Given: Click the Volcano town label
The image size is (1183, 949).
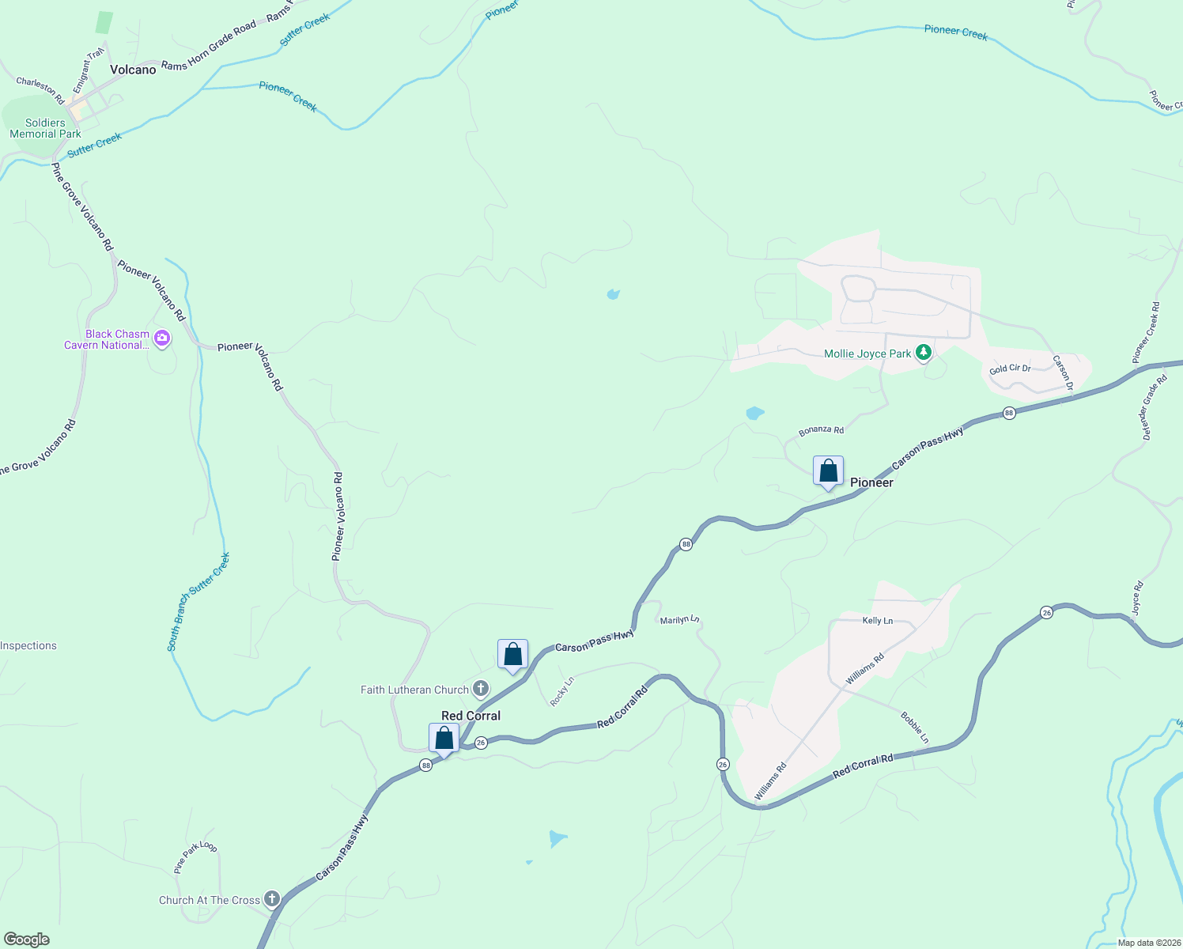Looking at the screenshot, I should click(133, 70).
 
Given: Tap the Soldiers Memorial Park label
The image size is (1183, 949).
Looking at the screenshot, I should click(45, 128).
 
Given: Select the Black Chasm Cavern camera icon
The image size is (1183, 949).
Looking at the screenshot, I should click(162, 338).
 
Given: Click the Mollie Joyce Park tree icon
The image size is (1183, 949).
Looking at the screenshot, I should click(923, 353).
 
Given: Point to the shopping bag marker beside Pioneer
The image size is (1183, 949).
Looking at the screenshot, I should click(828, 471).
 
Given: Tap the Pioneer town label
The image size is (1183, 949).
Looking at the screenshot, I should click(871, 482).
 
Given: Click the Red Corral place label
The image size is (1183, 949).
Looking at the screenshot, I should click(471, 716).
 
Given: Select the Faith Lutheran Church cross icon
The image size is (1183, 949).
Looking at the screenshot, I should click(481, 689).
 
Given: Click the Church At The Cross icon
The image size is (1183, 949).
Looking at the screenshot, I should click(272, 899).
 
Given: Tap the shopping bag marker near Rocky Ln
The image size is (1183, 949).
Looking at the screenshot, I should click(512, 655).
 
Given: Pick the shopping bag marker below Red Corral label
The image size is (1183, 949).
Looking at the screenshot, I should click(444, 739).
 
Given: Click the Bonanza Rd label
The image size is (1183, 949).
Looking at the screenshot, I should click(821, 430).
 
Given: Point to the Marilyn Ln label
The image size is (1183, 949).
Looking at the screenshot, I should click(680, 620).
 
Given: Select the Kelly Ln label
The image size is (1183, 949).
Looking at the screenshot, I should click(877, 621).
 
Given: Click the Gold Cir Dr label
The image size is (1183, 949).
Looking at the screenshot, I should click(1010, 369).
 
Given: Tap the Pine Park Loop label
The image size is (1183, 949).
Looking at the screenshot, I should click(195, 856).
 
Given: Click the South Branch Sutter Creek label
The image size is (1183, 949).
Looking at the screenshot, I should click(199, 601).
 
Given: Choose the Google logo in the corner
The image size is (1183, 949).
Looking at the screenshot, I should click(27, 940).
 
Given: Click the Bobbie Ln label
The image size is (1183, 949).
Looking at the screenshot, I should click(915, 728).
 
